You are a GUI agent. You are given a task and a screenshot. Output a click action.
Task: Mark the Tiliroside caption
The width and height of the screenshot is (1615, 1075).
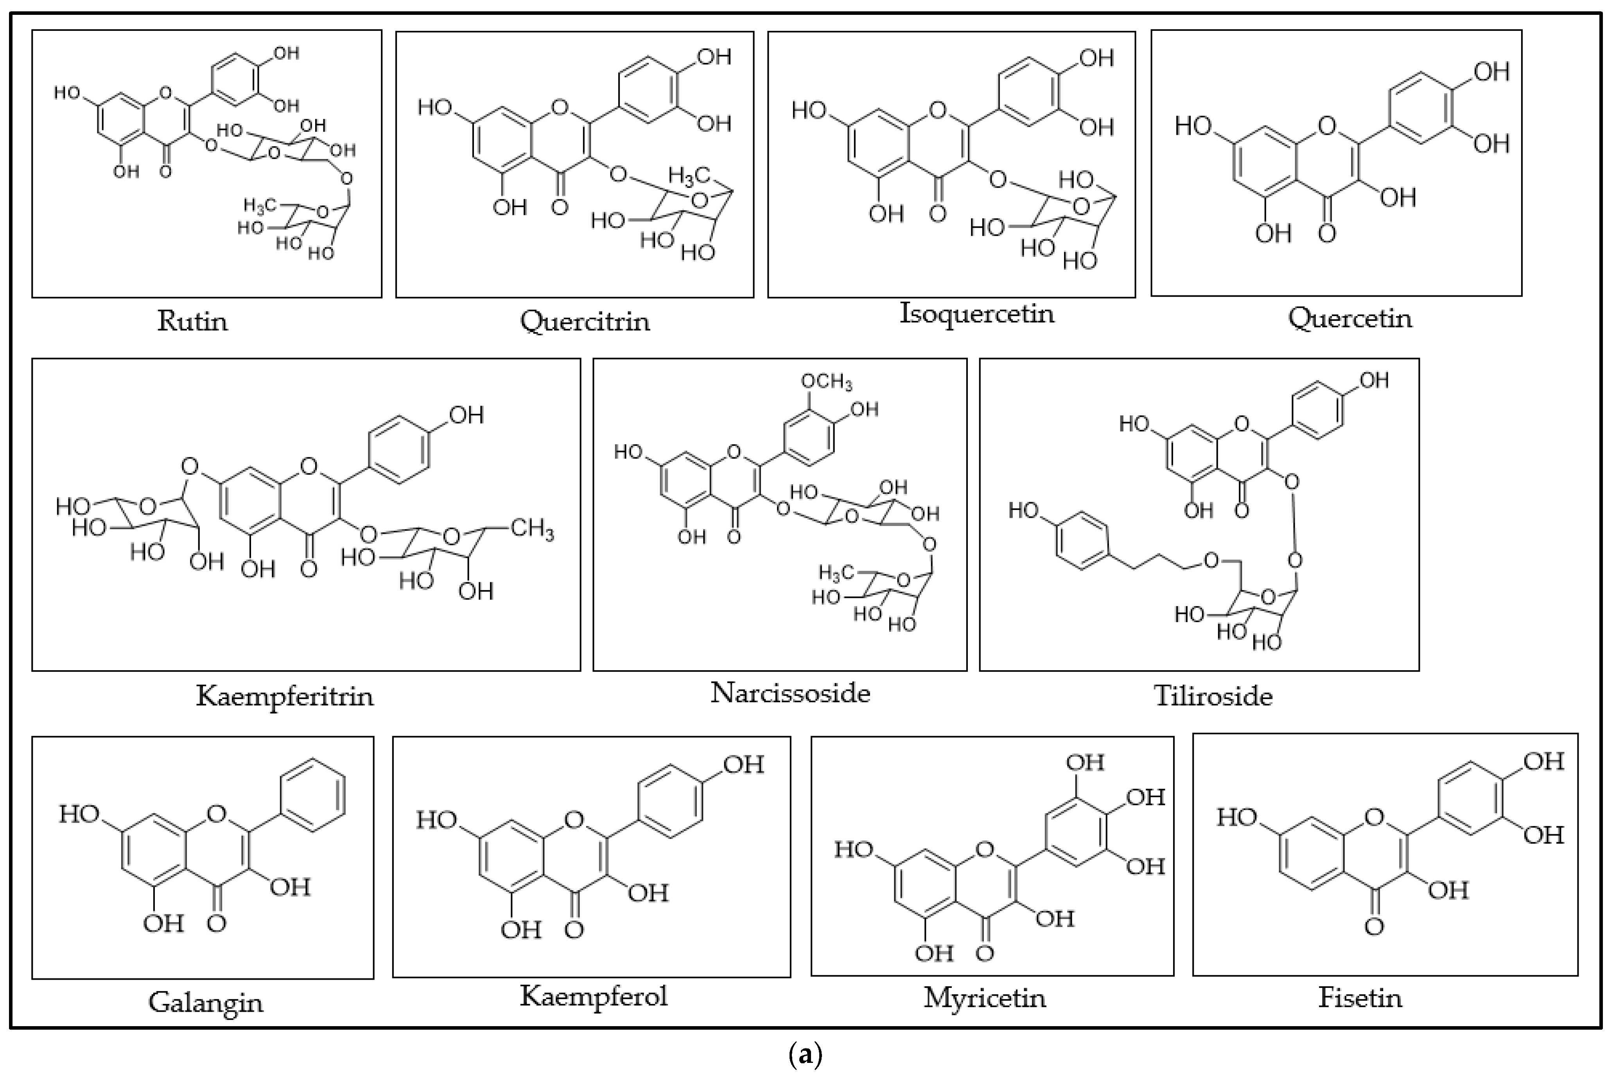point(1213,696)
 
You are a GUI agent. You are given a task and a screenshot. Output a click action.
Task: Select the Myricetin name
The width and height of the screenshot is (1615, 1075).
point(985,998)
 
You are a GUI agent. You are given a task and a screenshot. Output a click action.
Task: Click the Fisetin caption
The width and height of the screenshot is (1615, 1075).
point(1360,998)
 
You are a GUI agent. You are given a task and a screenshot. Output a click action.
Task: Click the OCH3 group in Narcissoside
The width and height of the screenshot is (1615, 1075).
point(827,381)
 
